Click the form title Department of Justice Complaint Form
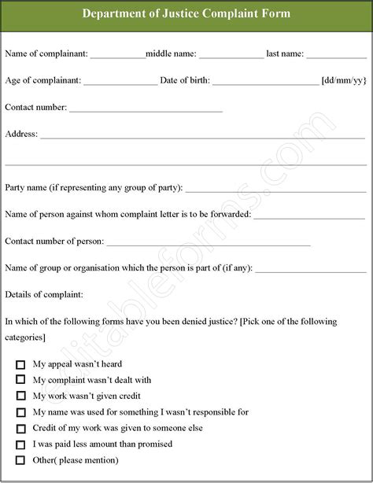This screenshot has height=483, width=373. pyautogui.click(x=186, y=13)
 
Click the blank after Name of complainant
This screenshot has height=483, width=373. pyautogui.click(x=117, y=56)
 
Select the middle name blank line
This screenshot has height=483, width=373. pyautogui.click(x=231, y=56)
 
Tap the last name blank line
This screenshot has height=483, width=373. pyautogui.click(x=336, y=56)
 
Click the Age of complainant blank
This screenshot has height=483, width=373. pyautogui.click(x=120, y=83)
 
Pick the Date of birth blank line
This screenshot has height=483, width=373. pyautogui.click(x=265, y=83)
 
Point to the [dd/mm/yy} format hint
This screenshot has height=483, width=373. pyautogui.click(x=344, y=80)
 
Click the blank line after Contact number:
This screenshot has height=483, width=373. pyautogui.click(x=146, y=109)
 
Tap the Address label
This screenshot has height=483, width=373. pyautogui.click(x=21, y=134)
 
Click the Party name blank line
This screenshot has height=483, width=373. pyautogui.click(x=275, y=190)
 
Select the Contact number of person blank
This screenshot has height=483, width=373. pyautogui.click(x=208, y=243)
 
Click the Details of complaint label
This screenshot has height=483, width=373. pyautogui.click(x=44, y=294)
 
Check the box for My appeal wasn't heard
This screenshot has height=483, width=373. pyautogui.click(x=20, y=365)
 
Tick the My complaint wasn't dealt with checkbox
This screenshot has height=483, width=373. pyautogui.click(x=20, y=381)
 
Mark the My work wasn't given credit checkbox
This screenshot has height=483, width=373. pyautogui.click(x=20, y=396)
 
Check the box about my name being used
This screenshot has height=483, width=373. pyautogui.click(x=20, y=412)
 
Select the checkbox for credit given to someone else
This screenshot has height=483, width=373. pyautogui.click(x=20, y=428)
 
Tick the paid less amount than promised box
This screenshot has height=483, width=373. pyautogui.click(x=20, y=444)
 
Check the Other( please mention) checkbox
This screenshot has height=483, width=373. pyautogui.click(x=20, y=460)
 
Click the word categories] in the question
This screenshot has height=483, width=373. pyautogui.click(x=25, y=337)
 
